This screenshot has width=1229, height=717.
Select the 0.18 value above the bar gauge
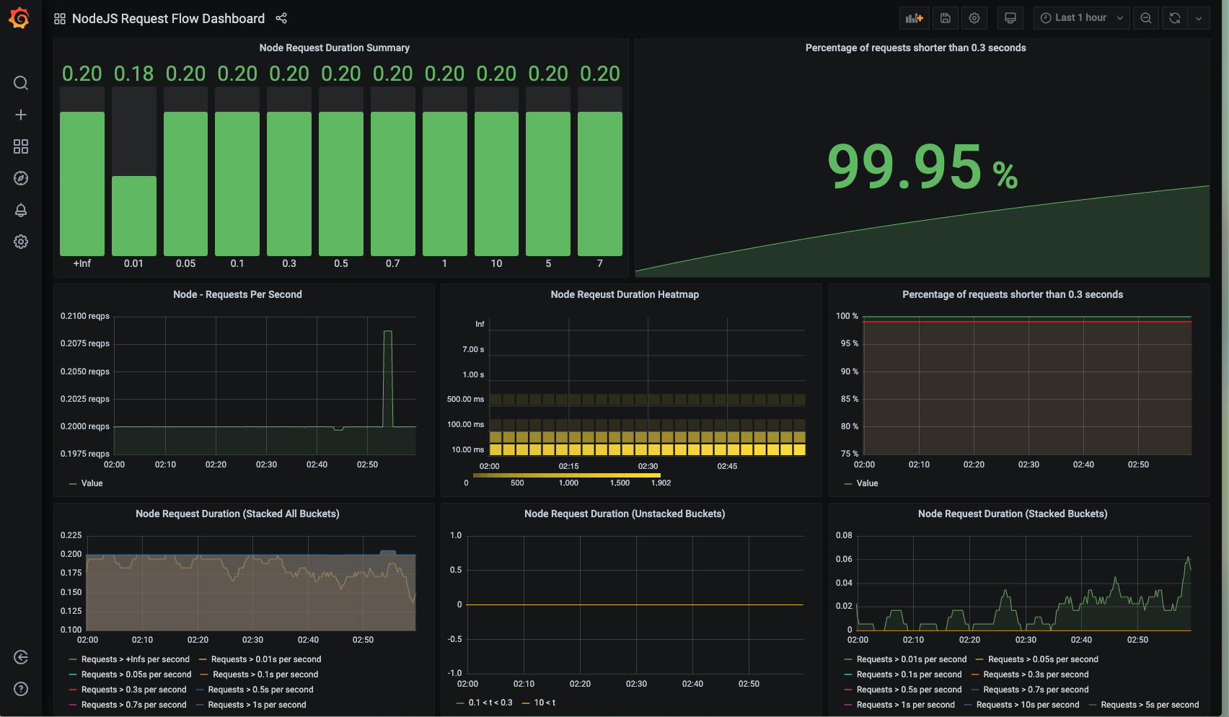[133, 74]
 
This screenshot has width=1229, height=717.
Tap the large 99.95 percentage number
[904, 167]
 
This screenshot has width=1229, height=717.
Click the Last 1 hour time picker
[1081, 18]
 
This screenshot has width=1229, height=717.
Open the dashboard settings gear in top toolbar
[974, 18]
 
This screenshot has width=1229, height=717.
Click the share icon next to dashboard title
[282, 18]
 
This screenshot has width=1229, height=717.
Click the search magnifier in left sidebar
[21, 83]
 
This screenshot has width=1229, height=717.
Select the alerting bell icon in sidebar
[21, 210]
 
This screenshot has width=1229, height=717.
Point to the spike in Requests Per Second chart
[387, 334]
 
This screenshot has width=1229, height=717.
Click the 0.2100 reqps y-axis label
[85, 316]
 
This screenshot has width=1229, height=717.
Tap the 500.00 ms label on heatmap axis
[465, 399]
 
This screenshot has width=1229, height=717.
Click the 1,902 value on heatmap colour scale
[661, 483]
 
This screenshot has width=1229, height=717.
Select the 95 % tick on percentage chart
[849, 343]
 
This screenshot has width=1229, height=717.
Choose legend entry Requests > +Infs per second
[135, 659]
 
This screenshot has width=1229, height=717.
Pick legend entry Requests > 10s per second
[1027, 705]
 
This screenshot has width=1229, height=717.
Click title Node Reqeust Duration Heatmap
[625, 294]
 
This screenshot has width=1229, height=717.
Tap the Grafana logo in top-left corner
[19, 18]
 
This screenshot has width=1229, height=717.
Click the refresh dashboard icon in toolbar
[1175, 18]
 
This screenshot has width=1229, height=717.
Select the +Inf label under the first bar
[82, 263]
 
